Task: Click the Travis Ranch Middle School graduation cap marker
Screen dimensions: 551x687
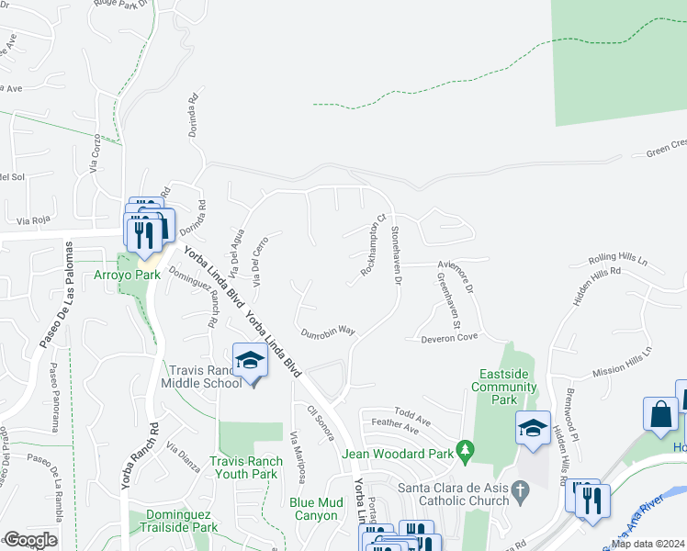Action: (x=249, y=360)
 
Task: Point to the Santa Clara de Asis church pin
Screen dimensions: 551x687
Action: (x=522, y=494)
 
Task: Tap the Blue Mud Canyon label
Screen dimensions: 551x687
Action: (x=316, y=509)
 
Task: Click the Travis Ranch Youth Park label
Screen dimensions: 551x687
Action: (x=243, y=467)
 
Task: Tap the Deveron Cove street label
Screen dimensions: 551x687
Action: (x=450, y=338)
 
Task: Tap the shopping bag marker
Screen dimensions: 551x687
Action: (x=660, y=413)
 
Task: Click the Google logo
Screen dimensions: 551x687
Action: (x=30, y=540)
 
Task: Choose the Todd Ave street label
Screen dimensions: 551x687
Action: (x=411, y=415)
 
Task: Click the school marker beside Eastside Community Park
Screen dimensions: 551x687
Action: (x=533, y=428)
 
